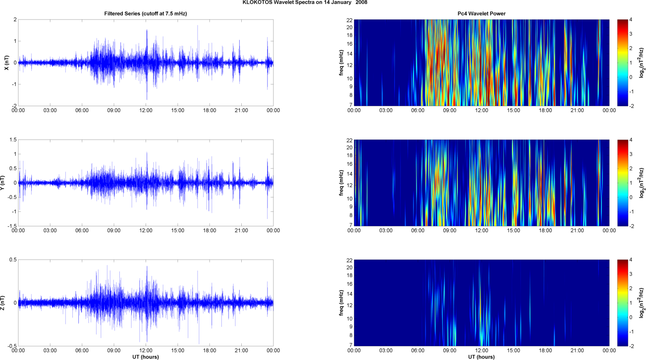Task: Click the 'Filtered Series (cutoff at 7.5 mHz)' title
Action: pos(146,14)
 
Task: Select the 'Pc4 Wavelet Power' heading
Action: pos(481,14)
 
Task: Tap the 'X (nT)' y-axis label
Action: pos(6,63)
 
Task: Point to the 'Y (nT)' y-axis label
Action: pos(3,183)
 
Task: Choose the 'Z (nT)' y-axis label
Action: pos(3,303)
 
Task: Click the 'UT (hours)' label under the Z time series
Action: pos(146,357)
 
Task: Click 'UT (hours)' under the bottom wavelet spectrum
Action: pos(481,357)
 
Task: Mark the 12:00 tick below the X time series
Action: pos(146,110)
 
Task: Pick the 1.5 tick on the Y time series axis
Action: pos(13,140)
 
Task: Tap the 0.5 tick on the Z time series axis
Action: pos(13,260)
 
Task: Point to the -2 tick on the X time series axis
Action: pos(14,106)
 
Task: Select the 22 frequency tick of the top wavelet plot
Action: pos(350,20)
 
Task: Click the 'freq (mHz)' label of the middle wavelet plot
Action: pos(341,183)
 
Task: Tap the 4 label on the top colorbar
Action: pos(631,20)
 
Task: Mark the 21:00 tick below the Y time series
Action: pos(241,231)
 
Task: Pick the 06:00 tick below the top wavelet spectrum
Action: pos(418,110)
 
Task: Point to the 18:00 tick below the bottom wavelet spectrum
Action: pos(545,350)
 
